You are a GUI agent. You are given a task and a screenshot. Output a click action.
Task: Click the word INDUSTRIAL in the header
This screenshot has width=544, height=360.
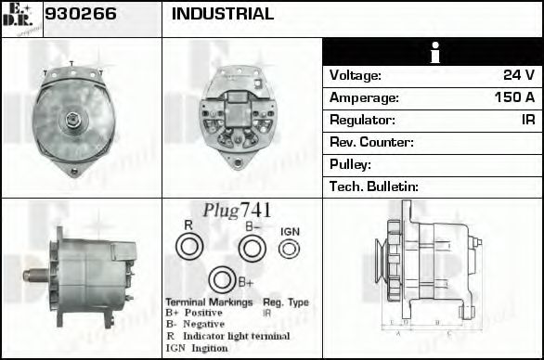(x=223, y=14)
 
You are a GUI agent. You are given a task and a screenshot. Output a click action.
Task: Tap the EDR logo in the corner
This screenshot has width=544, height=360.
(x=20, y=19)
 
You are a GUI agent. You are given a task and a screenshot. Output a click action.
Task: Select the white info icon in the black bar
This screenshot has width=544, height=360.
(x=433, y=52)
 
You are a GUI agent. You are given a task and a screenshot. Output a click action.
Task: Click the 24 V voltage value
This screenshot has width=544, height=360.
(x=519, y=75)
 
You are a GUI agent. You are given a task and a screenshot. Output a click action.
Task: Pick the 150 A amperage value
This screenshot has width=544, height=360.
(x=514, y=97)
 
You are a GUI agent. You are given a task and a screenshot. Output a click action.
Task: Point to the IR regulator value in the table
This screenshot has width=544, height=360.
(x=527, y=120)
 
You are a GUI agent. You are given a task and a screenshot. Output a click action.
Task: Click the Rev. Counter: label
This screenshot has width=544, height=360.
(x=371, y=142)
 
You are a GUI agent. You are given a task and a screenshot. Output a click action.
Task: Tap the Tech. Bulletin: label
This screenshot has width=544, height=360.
(x=374, y=186)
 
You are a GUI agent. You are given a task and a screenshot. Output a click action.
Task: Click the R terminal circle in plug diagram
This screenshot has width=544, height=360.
(x=188, y=247)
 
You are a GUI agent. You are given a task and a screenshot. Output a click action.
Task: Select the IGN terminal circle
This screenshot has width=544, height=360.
(x=290, y=248)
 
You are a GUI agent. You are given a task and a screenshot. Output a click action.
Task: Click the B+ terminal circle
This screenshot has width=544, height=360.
(x=222, y=280)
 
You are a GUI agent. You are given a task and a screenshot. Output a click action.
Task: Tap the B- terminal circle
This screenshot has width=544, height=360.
(x=252, y=247)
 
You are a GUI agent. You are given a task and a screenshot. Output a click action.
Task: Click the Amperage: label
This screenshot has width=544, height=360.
(x=365, y=97)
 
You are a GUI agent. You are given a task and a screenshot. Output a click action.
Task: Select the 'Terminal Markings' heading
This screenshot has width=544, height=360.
(x=208, y=303)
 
